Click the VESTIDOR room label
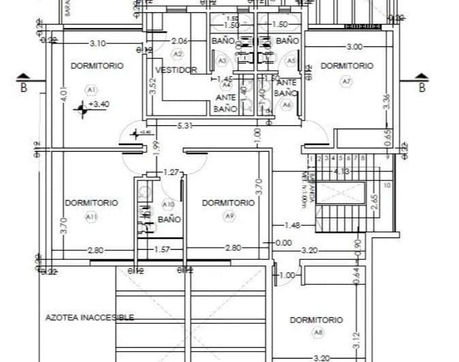(176, 70)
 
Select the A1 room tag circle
(90, 89)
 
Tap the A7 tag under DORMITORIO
(347, 81)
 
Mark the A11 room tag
(91, 216)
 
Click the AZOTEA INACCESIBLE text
(89, 317)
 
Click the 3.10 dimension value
(97, 43)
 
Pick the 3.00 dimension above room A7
(354, 46)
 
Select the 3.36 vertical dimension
(386, 101)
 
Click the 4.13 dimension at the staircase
(342, 172)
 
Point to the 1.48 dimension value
(292, 225)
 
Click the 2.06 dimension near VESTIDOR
(179, 41)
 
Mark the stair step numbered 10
(387, 184)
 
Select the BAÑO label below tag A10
(169, 219)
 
